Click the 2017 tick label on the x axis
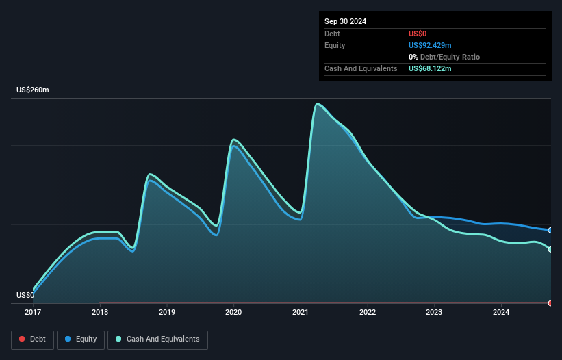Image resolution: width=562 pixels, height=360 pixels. (33, 312)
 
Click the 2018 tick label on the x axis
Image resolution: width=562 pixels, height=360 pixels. (100, 312)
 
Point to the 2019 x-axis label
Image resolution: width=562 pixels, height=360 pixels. (166, 312)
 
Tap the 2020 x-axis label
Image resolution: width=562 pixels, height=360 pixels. (233, 312)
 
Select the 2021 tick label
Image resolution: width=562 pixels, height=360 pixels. (301, 312)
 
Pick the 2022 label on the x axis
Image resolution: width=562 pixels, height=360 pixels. (368, 312)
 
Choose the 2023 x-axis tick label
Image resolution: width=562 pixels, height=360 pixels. (434, 312)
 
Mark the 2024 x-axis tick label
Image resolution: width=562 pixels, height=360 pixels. (501, 312)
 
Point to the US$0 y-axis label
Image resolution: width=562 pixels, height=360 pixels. (25, 296)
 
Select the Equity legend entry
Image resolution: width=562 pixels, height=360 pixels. (81, 339)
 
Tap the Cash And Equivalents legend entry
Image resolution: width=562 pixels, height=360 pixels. (157, 339)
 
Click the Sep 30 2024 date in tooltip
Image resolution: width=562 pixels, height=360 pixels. (345, 21)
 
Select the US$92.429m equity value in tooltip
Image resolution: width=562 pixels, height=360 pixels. (430, 45)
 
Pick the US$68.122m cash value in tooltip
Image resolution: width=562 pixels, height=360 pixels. (430, 68)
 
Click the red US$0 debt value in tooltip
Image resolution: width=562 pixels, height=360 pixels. (418, 34)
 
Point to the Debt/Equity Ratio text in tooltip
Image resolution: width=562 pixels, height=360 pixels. (447, 57)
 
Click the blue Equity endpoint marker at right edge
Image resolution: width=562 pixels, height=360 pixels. (550, 230)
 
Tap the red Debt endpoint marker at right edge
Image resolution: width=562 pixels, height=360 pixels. (550, 303)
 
